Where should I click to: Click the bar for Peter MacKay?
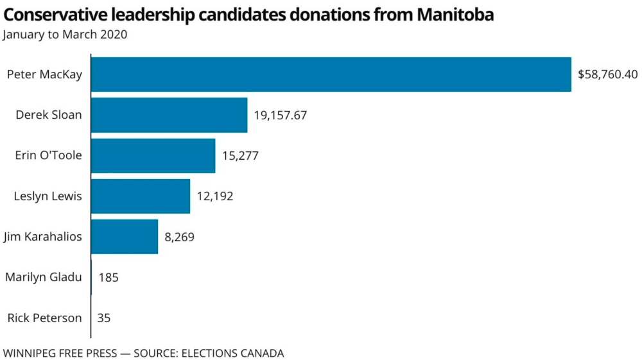pyautogui.click(x=331, y=74)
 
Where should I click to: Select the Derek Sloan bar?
pyautogui.click(x=169, y=115)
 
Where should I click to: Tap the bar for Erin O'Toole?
pyautogui.click(x=153, y=155)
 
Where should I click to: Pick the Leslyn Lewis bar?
pyautogui.click(x=141, y=196)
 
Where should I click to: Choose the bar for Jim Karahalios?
pyautogui.click(x=125, y=236)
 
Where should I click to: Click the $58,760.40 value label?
pyautogui.click(x=607, y=74)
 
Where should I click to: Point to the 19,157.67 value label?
pyautogui.click(x=281, y=116)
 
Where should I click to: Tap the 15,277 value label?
pyautogui.click(x=240, y=156)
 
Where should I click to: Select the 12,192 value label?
pyautogui.click(x=215, y=196)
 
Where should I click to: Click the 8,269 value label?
pyautogui.click(x=179, y=237)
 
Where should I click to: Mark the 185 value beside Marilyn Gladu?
pyautogui.click(x=108, y=277)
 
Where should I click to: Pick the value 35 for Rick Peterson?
pyautogui.click(x=104, y=318)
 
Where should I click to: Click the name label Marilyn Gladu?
pyautogui.click(x=43, y=277)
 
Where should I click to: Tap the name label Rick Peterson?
pyautogui.click(x=44, y=318)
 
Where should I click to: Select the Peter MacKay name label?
pyautogui.click(x=44, y=74)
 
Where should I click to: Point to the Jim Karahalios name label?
pyautogui.click(x=42, y=237)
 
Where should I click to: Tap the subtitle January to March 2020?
pyautogui.click(x=65, y=35)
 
